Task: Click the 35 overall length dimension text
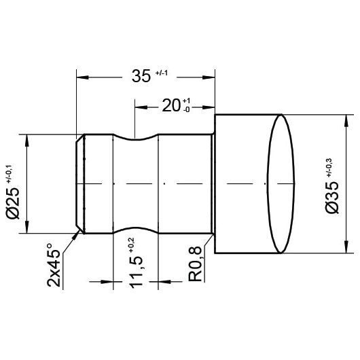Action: point(140,76)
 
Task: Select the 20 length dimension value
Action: point(170,106)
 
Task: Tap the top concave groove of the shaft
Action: point(135,139)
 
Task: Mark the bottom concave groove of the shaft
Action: point(135,230)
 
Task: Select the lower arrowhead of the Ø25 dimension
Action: point(27,229)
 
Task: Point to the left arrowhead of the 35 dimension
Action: point(80,76)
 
